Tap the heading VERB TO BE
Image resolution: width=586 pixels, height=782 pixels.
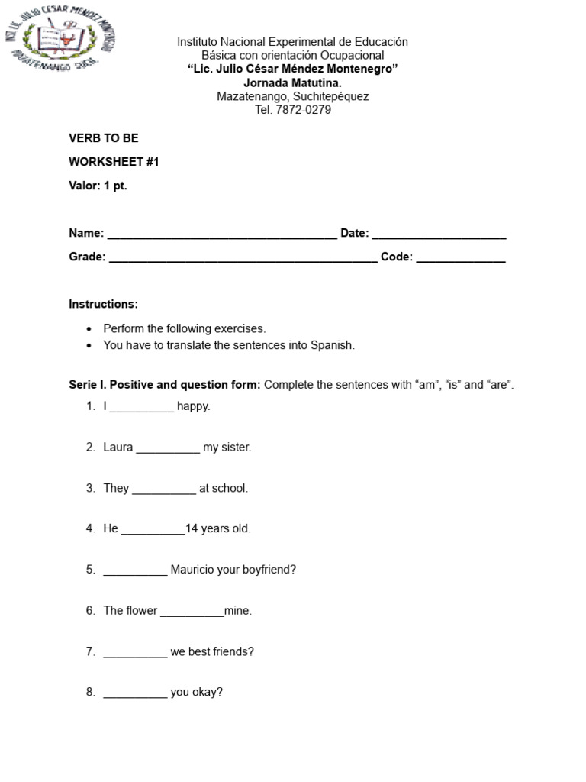(x=104, y=138)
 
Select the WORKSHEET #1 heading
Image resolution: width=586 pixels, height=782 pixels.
(x=114, y=162)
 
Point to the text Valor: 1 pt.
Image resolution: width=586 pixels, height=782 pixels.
(x=98, y=186)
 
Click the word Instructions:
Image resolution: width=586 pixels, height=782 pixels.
(x=104, y=304)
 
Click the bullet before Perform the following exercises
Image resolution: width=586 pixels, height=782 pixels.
(x=89, y=329)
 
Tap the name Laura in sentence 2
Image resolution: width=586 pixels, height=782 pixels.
(x=118, y=448)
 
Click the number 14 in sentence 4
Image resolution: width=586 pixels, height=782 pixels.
(x=192, y=528)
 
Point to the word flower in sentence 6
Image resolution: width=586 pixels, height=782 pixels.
(x=141, y=611)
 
